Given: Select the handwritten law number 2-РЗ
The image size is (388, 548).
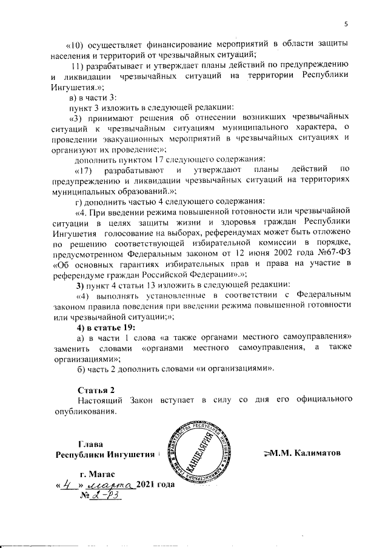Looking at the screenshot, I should pyautogui.click(x=109, y=497).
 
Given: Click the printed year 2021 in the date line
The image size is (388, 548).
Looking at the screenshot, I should pyautogui.click(x=149, y=486).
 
